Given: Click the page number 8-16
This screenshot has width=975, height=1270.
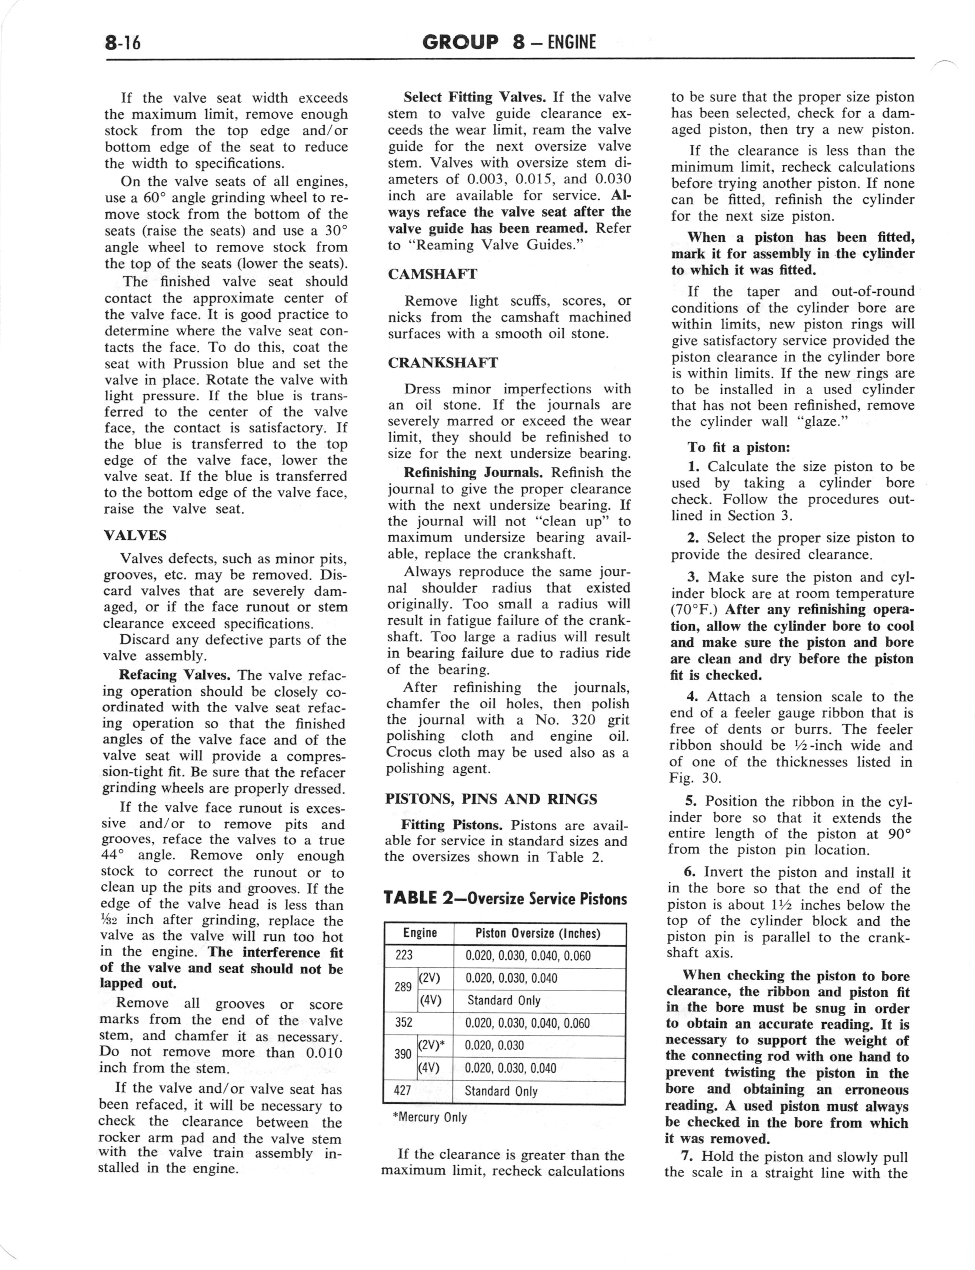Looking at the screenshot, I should [x=123, y=43].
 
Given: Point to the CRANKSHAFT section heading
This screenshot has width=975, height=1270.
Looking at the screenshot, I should [x=442, y=362].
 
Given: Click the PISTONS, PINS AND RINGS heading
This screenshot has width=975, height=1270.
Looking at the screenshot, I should [x=491, y=799].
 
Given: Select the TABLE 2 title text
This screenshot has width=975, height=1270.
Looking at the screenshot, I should [x=505, y=899].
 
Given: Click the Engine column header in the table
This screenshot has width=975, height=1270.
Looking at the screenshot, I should [x=419, y=933].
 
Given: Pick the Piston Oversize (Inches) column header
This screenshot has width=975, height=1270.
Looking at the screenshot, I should [x=537, y=933].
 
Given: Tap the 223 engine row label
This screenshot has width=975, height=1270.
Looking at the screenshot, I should [x=404, y=955].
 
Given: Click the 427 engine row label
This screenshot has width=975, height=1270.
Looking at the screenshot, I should [x=403, y=1091].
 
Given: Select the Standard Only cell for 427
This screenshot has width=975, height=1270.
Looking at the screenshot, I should [x=501, y=1091].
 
